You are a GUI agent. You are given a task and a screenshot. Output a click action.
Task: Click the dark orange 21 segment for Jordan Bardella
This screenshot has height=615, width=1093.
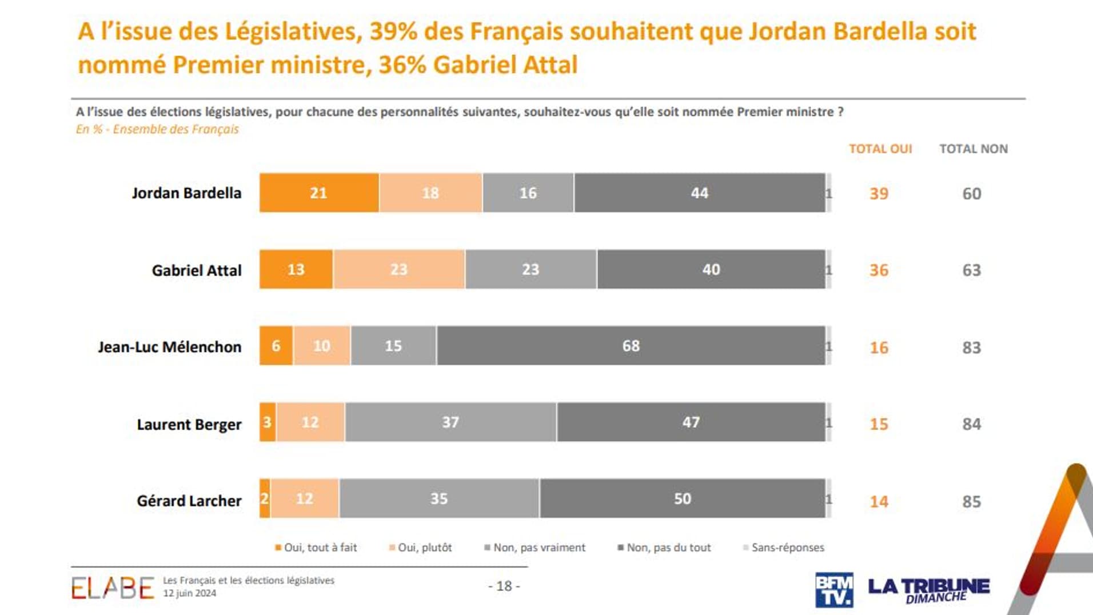click(x=318, y=193)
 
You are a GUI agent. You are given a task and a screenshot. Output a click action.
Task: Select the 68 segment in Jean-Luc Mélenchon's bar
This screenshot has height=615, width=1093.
click(x=631, y=346)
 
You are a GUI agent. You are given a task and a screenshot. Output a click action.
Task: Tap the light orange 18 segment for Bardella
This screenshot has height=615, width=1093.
click(x=430, y=193)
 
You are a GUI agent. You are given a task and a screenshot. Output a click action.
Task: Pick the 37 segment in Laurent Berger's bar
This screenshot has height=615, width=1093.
click(x=450, y=422)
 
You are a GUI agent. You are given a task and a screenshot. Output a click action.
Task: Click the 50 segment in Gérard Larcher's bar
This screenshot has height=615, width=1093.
click(x=682, y=498)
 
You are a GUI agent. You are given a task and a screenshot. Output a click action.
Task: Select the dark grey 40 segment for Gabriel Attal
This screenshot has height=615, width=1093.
click(x=711, y=269)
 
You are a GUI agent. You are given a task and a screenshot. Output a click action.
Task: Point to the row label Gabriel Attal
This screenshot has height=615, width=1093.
click(x=196, y=270)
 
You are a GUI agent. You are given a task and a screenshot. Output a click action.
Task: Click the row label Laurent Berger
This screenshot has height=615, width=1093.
click(x=189, y=425)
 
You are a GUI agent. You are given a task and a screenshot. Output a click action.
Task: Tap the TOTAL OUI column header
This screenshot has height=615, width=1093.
click(x=880, y=149)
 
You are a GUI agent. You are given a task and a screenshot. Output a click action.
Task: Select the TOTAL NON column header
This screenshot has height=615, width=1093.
click(x=974, y=149)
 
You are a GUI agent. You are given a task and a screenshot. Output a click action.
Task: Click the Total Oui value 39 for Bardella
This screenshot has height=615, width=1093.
click(x=879, y=194)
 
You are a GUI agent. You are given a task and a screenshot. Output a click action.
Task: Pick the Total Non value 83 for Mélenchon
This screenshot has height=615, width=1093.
click(x=971, y=348)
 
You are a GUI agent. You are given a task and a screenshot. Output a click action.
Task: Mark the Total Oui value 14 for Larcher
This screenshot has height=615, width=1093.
click(x=879, y=502)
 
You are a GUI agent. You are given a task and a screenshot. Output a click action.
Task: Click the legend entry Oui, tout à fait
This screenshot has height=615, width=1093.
click(x=316, y=548)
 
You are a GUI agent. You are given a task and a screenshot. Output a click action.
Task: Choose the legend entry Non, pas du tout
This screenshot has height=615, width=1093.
click(x=664, y=548)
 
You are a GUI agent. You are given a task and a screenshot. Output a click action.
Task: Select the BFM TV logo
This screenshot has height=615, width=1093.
click(x=834, y=589)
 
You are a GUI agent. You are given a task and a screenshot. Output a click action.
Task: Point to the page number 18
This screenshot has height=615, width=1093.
click(x=504, y=586)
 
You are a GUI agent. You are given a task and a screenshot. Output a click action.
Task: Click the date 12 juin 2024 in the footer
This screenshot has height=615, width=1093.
click(x=190, y=593)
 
